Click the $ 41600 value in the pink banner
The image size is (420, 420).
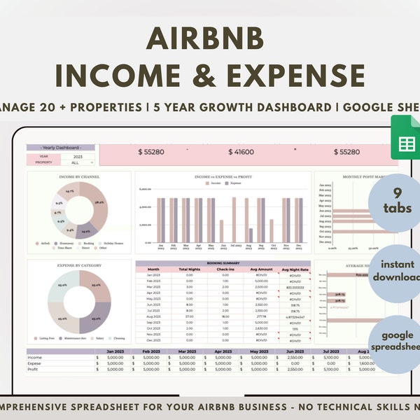tap(241, 151)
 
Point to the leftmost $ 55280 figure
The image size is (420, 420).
tap(151, 151)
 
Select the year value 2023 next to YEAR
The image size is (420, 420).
tap(78, 157)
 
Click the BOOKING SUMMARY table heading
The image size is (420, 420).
tap(222, 263)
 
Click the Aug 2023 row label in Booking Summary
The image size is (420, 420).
tap(154, 316)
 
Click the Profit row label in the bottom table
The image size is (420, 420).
tap(34, 369)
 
